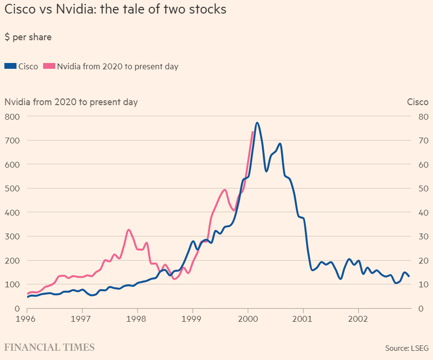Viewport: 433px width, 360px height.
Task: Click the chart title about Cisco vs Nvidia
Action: pos(115,9)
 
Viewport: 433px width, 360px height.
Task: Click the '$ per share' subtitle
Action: pos(28,37)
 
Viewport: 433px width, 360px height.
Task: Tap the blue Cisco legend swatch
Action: pos(11,66)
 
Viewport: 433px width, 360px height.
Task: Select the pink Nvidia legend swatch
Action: pos(49,66)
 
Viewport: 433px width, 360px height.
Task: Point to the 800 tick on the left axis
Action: pos(12,117)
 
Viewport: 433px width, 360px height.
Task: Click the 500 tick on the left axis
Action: pos(12,188)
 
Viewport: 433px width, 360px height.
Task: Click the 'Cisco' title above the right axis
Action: pos(417,102)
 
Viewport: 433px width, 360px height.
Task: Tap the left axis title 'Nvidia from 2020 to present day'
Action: pos(71,102)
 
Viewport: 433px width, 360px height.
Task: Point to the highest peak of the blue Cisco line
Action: pos(257,123)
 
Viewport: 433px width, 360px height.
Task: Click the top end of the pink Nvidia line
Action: pos(253,132)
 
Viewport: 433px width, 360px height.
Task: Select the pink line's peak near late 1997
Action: pos(128,230)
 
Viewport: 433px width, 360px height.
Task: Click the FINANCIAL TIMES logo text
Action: pos(49,347)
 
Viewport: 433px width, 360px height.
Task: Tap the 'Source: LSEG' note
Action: pos(407,348)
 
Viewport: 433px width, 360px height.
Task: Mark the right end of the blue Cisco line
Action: pos(409,276)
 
